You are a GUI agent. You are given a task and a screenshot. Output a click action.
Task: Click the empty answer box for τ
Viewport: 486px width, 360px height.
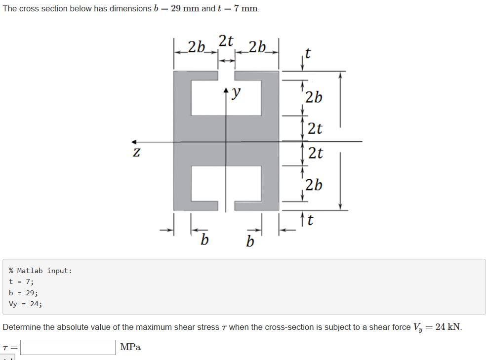(x=68, y=347)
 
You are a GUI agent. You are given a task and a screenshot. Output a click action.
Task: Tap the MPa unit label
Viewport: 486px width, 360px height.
(x=130, y=347)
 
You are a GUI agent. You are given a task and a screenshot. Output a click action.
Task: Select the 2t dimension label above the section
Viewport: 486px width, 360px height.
(x=227, y=40)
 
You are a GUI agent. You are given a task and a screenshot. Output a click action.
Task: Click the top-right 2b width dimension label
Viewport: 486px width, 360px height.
(x=258, y=47)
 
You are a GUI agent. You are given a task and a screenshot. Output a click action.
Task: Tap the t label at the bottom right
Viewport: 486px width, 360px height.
(x=310, y=220)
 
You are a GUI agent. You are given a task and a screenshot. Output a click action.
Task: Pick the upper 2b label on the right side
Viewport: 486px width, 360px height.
(x=314, y=97)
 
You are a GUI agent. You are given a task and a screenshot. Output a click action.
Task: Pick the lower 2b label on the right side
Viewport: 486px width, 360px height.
(x=314, y=185)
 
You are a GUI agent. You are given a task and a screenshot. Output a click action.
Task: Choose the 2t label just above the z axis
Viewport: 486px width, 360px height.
(x=315, y=129)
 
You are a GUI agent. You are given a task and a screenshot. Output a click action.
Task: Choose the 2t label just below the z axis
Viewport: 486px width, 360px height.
(x=315, y=153)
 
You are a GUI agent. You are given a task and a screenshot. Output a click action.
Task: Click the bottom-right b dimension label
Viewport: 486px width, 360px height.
(x=250, y=242)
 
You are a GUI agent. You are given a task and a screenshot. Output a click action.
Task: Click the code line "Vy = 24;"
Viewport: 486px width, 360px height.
(x=26, y=304)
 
